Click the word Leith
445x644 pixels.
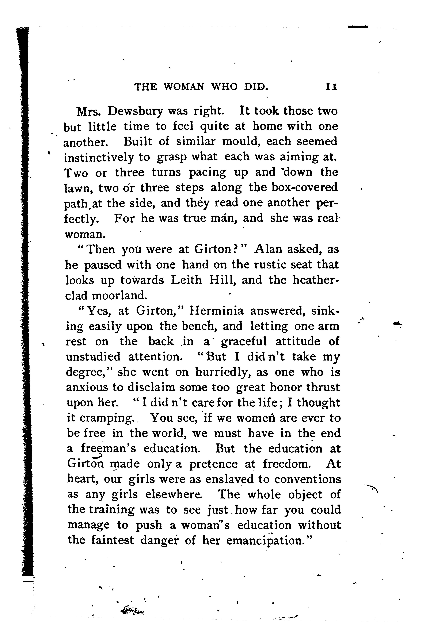(x=186, y=280)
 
